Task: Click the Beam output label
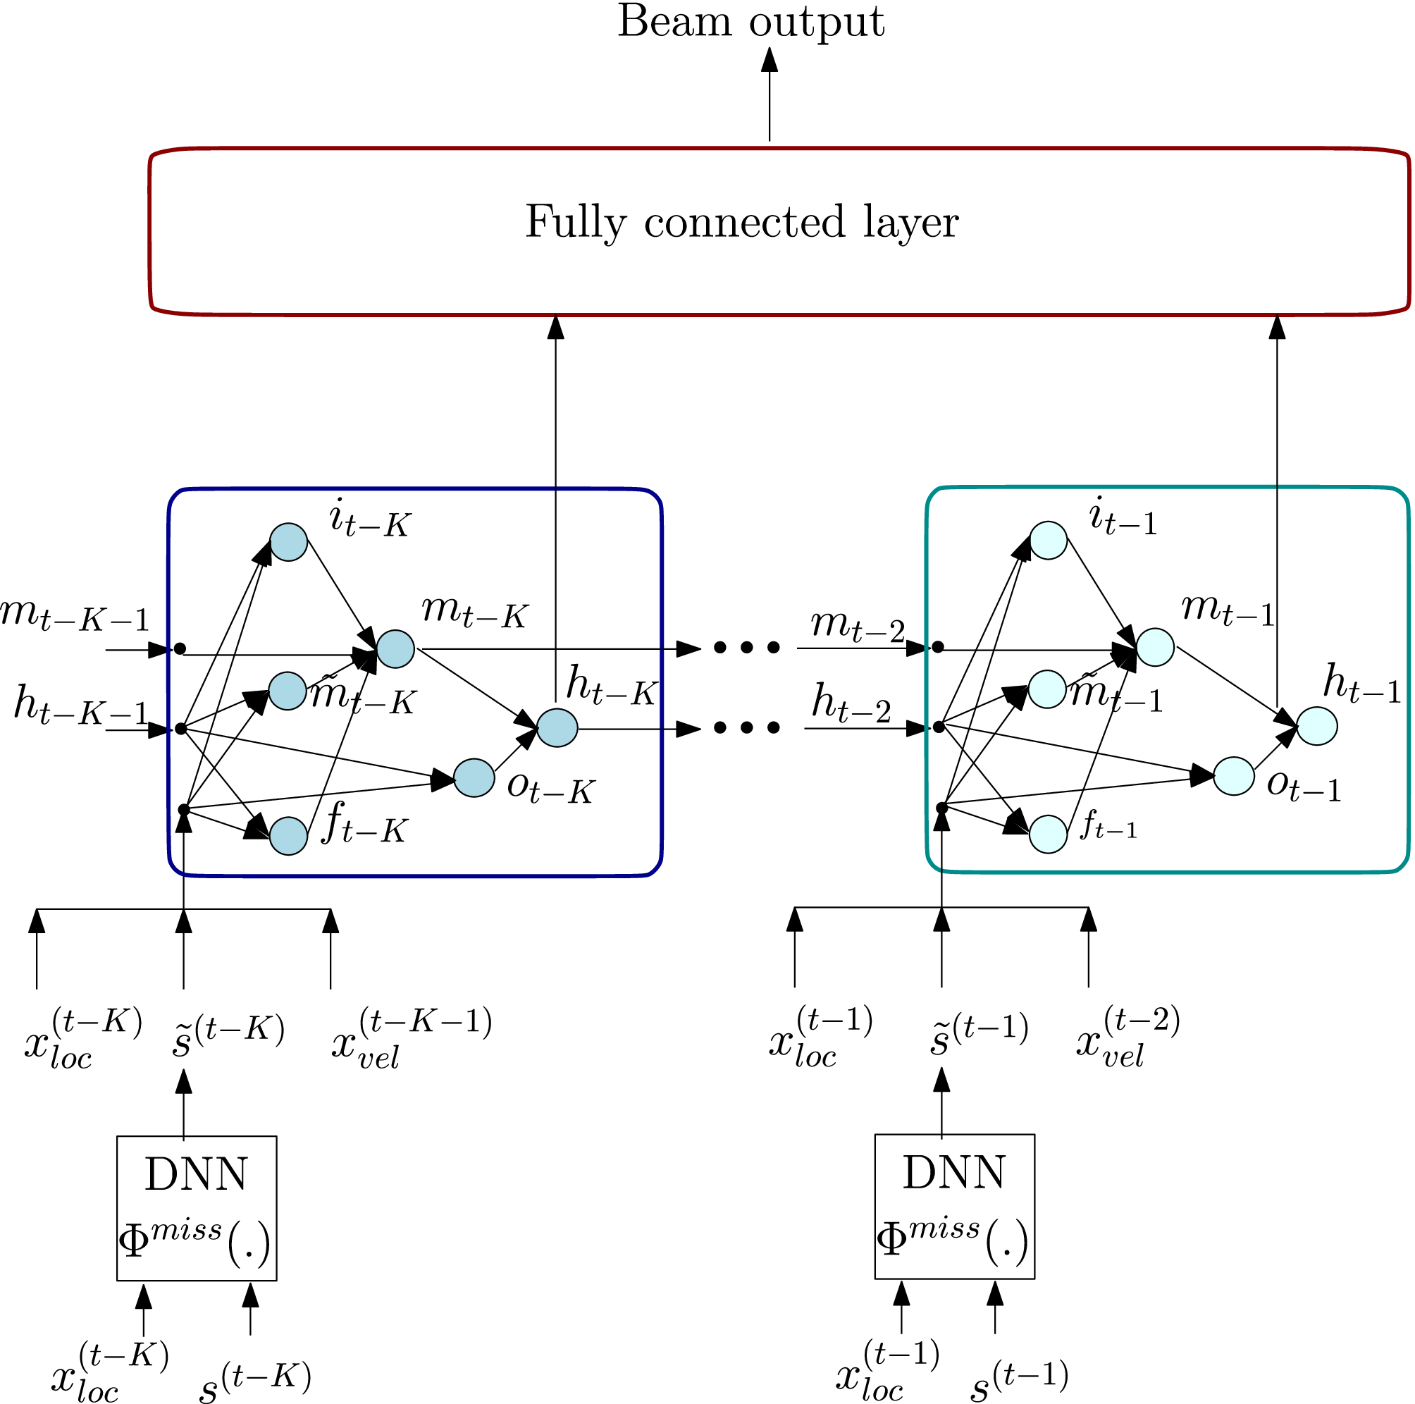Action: coord(750,22)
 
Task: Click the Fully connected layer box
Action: coord(779,231)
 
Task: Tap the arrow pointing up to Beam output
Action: coord(769,95)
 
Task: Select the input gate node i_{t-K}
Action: coord(288,542)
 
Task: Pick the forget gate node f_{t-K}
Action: coord(288,836)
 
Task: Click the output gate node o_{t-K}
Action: coord(474,778)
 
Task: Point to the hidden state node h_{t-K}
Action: coord(557,728)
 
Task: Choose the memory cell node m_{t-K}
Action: coord(395,649)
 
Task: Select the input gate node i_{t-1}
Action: coord(1048,541)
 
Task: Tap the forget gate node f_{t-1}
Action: coord(1048,835)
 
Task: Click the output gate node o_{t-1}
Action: coord(1233,776)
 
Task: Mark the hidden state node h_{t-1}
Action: coord(1317,727)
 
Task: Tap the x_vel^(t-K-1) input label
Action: coord(411,1040)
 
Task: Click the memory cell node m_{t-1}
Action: coord(1155,648)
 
